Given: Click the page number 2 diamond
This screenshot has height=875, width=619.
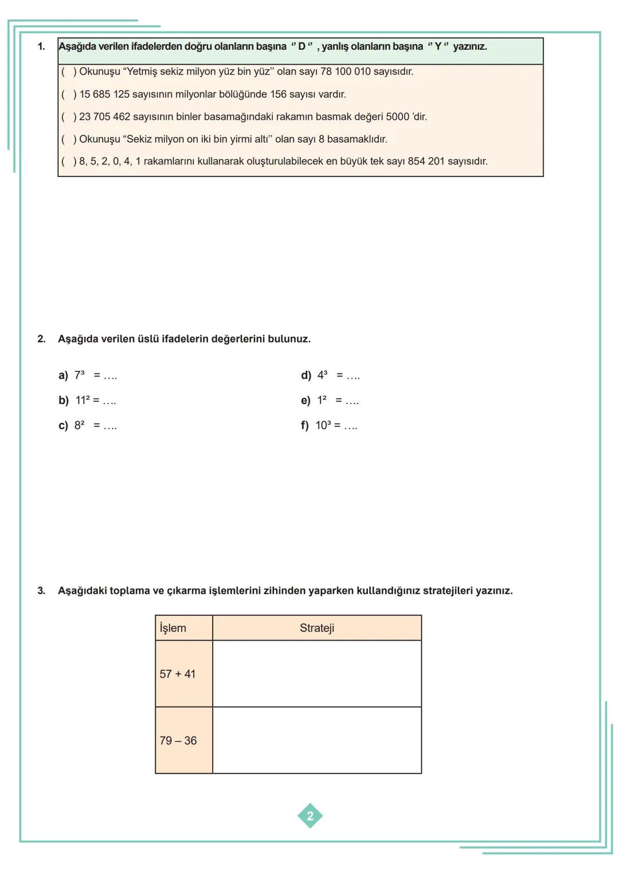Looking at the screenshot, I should click(x=310, y=816).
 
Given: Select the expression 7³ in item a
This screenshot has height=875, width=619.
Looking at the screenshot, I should click(x=80, y=375).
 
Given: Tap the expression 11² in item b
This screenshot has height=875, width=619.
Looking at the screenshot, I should click(x=83, y=401).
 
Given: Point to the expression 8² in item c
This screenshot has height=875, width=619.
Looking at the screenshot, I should click(x=80, y=426).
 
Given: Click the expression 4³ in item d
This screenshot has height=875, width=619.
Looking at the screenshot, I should click(x=323, y=375).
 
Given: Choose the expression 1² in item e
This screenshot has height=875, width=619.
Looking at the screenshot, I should click(x=322, y=401).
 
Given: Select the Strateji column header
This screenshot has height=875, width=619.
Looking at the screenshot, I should click(x=317, y=628).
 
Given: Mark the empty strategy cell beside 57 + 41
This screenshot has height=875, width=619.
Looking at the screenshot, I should click(x=317, y=674).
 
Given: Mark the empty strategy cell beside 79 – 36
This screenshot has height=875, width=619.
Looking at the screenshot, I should click(x=317, y=740).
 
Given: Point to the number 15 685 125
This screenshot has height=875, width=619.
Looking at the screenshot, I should click(x=104, y=94).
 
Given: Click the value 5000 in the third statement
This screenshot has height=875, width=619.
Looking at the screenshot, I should click(x=397, y=117).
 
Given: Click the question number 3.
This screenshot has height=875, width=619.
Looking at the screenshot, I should click(x=41, y=591).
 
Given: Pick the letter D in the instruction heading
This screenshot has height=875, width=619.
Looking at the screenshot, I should click(x=301, y=46).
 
